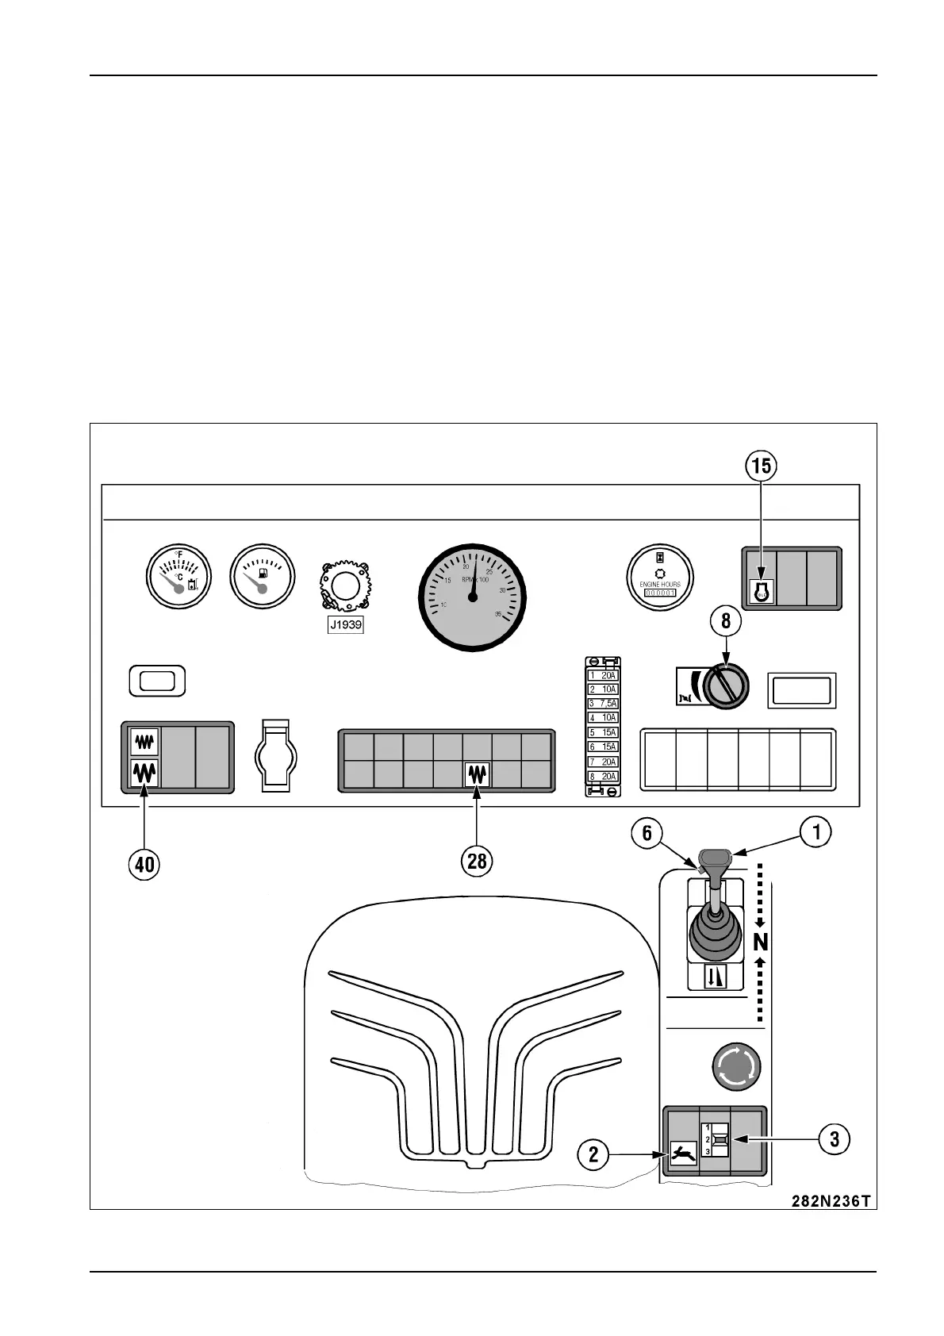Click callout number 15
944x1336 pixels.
[761, 466]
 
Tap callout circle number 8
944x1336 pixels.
[726, 621]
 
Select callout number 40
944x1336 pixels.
[144, 863]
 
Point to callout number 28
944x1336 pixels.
[477, 860]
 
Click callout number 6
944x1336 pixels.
[647, 833]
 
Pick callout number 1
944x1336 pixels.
[815, 831]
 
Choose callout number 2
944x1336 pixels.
[593, 1154]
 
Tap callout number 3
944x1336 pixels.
[835, 1139]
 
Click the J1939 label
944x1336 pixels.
[345, 625]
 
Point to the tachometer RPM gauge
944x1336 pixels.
[473, 596]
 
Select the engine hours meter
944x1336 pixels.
[660, 576]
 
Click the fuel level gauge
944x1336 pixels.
[262, 576]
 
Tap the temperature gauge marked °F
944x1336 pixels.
[179, 576]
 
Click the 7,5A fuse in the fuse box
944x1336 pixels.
[603, 704]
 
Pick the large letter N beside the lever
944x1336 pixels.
[761, 942]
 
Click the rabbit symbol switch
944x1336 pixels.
[683, 1153]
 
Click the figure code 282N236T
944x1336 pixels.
[830, 1200]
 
